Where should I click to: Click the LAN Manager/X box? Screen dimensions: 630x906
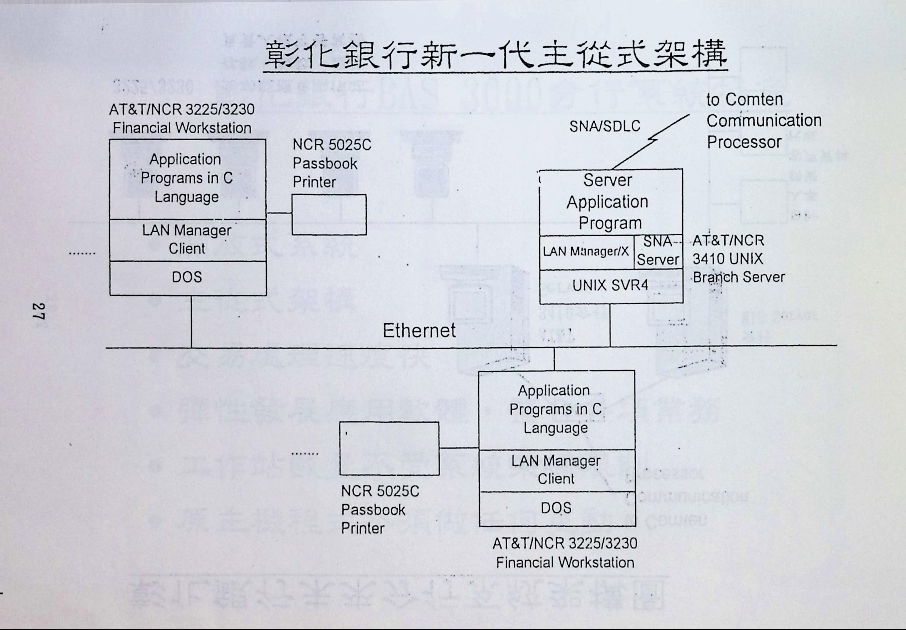point(586,252)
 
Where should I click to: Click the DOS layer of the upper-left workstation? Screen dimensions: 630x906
point(187,277)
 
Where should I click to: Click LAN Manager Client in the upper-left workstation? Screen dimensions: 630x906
point(187,240)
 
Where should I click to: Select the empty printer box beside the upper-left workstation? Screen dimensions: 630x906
point(329,214)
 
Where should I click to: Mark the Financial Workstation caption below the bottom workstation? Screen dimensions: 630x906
point(565,553)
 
